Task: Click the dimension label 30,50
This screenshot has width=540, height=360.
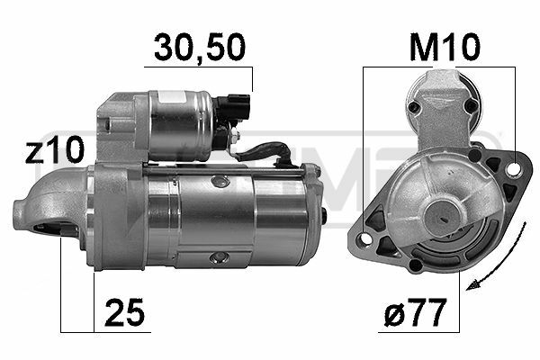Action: [x=200, y=48]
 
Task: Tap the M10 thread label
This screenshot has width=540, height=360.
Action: [x=445, y=47]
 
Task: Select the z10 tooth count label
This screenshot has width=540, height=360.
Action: [x=54, y=149]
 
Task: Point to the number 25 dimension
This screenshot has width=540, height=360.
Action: [x=124, y=312]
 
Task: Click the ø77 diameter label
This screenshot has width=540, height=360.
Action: [x=415, y=312]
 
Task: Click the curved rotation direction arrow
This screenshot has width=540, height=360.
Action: [x=509, y=258]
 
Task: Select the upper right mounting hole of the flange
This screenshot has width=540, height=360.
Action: [x=515, y=168]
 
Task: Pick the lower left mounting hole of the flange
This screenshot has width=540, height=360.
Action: [x=365, y=238]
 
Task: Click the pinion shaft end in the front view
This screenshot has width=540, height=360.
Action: [x=443, y=218]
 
